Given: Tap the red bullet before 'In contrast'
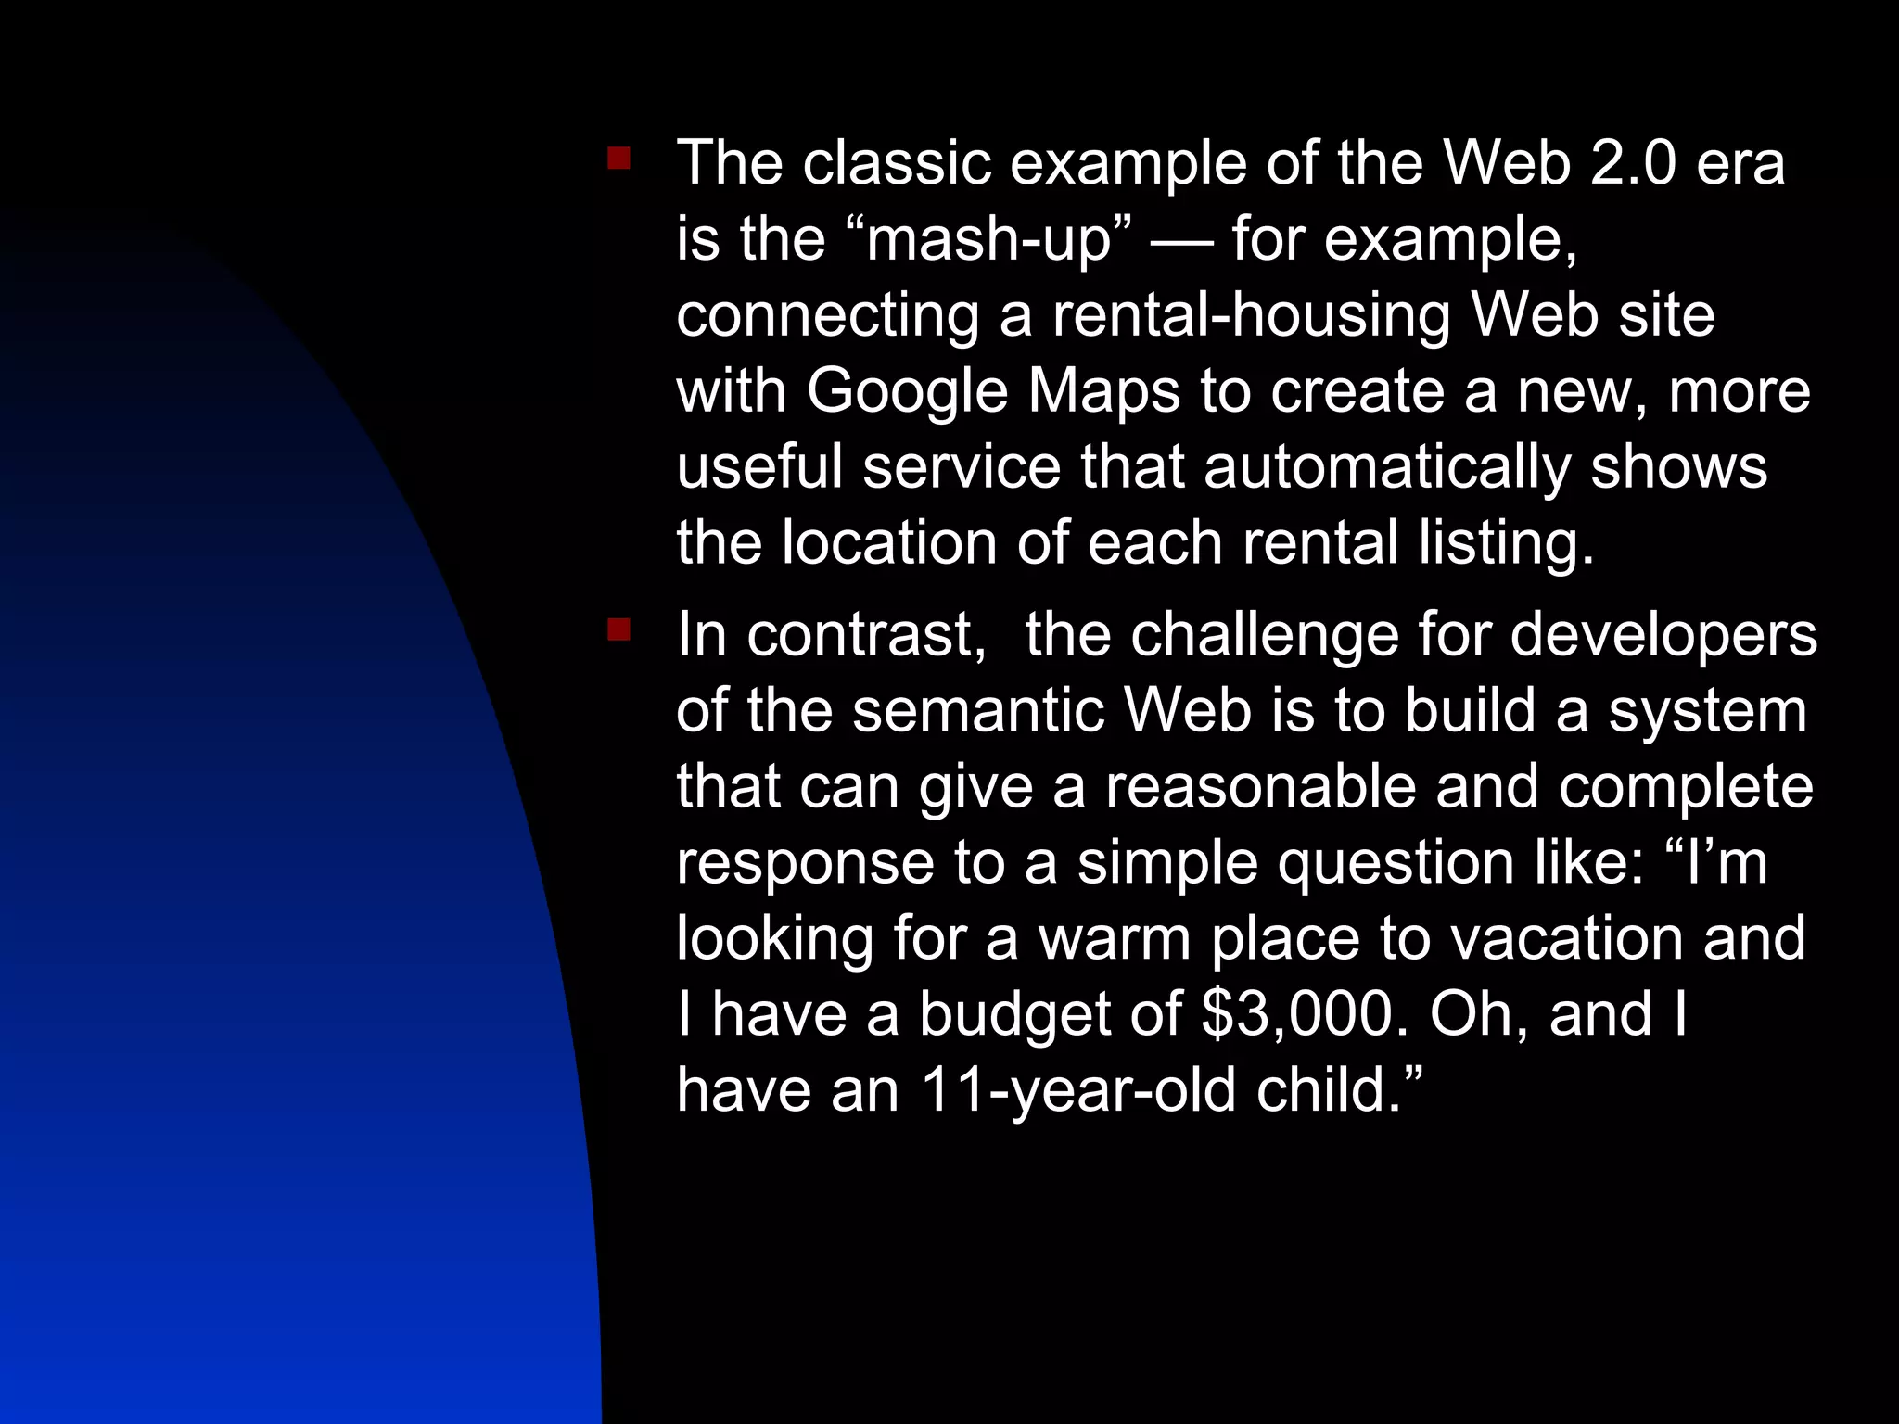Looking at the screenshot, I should coord(618,631).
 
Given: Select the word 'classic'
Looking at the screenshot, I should coord(896,163).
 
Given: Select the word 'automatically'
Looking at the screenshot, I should coord(1386,467).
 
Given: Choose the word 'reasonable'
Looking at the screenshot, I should coord(1261,788).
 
